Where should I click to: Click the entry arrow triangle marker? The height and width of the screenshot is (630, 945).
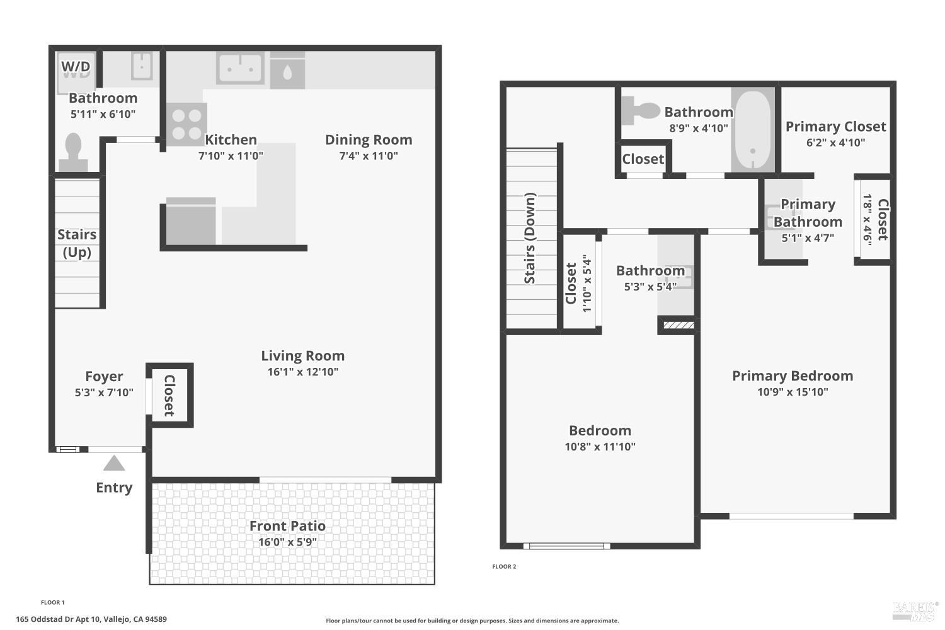(x=114, y=464)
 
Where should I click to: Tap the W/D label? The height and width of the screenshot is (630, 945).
(x=76, y=66)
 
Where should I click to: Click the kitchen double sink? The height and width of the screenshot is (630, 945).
(x=240, y=67)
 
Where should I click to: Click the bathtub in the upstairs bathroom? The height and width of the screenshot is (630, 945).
(x=752, y=130)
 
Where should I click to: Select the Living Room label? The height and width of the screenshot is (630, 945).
(x=302, y=356)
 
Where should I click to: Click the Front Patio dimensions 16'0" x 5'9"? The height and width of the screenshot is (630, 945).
(x=287, y=542)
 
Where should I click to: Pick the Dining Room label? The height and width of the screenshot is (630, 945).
(x=369, y=140)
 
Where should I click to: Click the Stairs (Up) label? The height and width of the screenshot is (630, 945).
(x=77, y=243)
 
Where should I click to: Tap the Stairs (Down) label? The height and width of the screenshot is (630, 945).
(x=530, y=238)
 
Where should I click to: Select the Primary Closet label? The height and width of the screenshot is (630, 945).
(x=835, y=127)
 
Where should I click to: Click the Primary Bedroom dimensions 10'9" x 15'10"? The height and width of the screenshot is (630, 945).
(x=793, y=392)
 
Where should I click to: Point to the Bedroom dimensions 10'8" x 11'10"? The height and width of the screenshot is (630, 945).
(x=600, y=447)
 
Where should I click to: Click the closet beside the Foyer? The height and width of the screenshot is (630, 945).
(x=169, y=396)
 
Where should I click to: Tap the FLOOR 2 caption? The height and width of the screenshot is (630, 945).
(x=504, y=566)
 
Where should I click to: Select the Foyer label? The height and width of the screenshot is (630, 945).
(x=104, y=377)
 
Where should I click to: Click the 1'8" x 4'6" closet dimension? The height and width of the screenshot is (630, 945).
(x=868, y=219)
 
